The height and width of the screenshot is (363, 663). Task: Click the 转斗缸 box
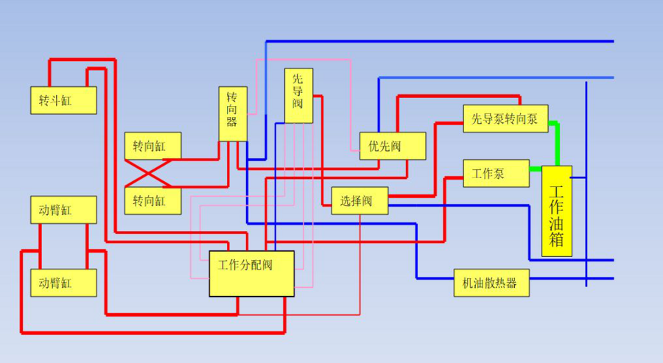pos(63,100)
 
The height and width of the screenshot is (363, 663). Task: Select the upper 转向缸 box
pos(152,146)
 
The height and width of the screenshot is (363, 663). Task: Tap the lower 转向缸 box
pos(152,200)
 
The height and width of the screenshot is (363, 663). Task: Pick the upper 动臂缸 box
pos(63,210)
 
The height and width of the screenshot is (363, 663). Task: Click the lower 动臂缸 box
pos(63,282)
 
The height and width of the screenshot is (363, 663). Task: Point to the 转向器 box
pos(232,114)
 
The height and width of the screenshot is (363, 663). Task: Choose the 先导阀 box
pos(298,96)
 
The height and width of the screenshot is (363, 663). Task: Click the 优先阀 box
pos(393,146)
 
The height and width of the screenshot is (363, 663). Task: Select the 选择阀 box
pos(359,200)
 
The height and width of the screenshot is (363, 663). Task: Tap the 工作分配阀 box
pos(251,273)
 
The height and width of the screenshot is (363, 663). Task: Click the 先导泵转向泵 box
pos(505,119)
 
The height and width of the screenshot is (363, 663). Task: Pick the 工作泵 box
pos(496,173)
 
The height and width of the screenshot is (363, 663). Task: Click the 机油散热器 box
pos(491,282)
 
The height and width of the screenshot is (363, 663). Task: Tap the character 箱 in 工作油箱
pos(556,239)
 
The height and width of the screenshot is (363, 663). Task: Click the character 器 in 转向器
pos(232,122)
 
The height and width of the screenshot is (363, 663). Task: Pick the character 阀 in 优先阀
pos(396,146)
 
